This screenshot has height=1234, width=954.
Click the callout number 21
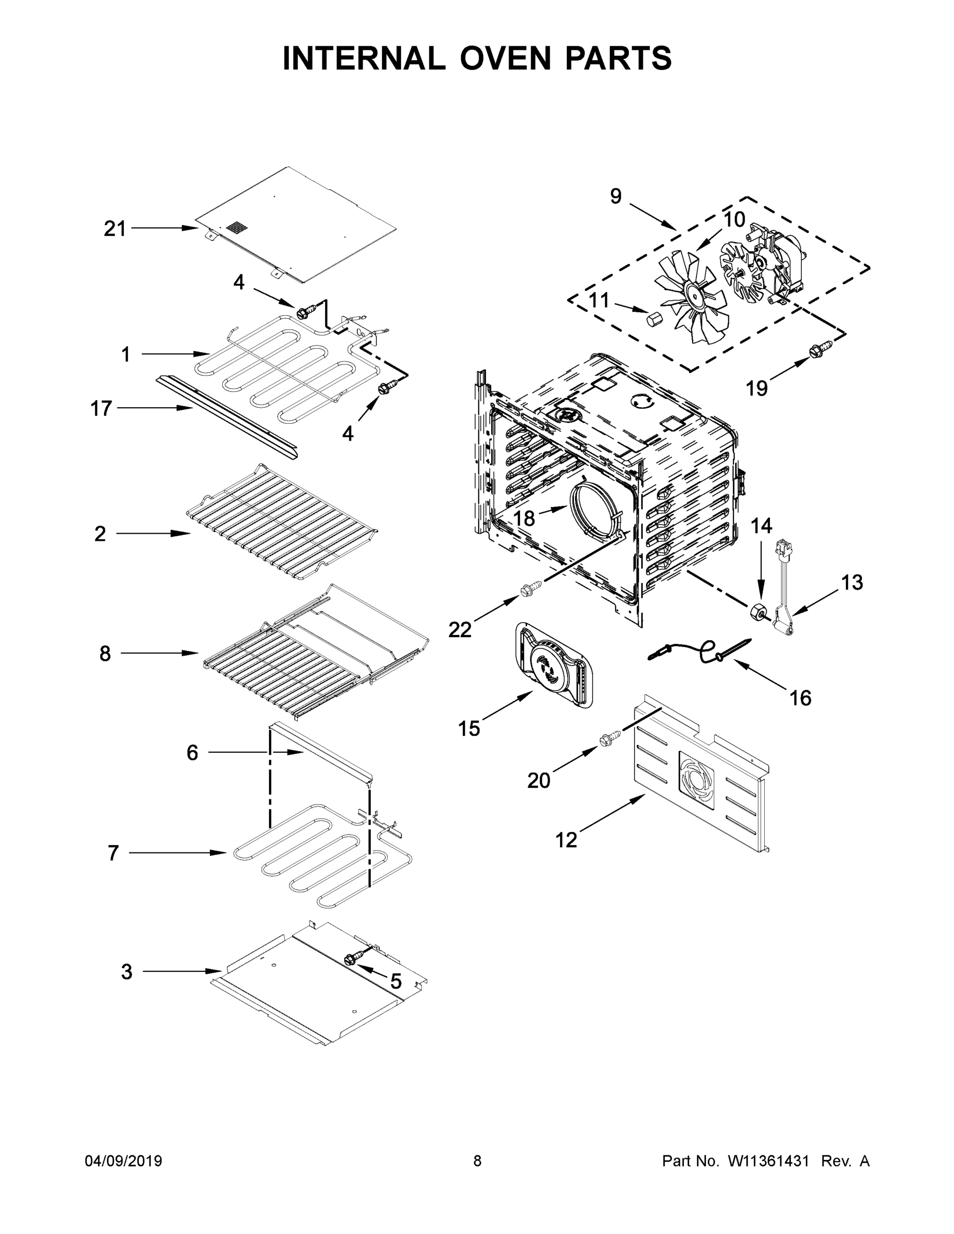115,229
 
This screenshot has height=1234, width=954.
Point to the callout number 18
524,518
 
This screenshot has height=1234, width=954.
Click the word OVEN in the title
505,58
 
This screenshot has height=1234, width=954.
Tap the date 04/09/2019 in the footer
123,1161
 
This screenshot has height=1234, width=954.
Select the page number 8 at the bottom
478,1161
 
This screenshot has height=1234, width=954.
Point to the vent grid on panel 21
237,228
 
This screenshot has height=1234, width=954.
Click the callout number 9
616,196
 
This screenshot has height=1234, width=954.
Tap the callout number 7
113,852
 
